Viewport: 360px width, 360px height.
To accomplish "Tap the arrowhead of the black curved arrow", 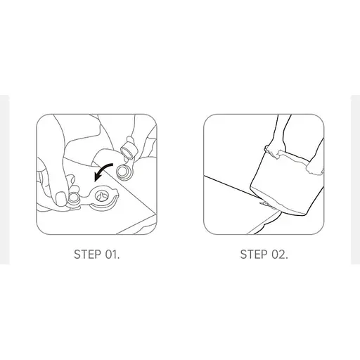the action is (x=96, y=177).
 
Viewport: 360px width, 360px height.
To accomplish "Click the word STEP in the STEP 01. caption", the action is (x=88, y=254).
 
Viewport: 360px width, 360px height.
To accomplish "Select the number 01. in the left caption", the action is (x=112, y=254).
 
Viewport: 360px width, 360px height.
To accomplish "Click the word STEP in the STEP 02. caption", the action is (x=254, y=254).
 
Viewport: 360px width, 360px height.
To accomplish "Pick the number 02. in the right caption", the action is (x=279, y=254).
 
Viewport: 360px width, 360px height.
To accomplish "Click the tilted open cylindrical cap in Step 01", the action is (x=129, y=149).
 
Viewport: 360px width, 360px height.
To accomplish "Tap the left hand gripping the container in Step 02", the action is (x=274, y=153).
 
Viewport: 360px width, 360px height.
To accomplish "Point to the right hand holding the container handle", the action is (x=314, y=168).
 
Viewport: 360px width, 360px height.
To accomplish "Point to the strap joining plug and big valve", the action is (x=86, y=198).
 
